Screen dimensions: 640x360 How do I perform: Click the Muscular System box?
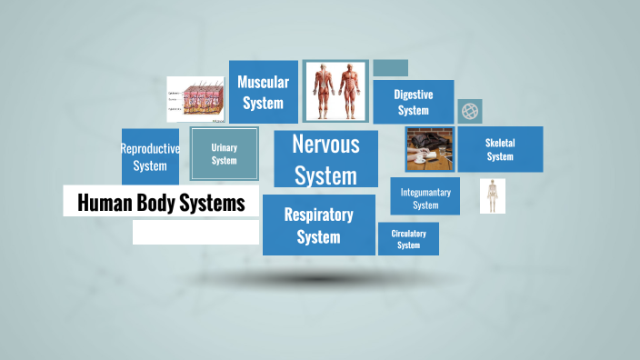263,92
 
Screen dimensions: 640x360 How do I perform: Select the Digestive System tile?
413,102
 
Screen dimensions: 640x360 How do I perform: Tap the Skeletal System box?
500,149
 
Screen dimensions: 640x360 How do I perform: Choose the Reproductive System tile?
150,156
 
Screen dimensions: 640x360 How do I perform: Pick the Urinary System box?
224,154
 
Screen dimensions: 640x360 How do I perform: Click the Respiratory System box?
318,225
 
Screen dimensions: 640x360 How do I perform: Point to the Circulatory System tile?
408,239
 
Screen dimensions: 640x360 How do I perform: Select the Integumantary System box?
425,197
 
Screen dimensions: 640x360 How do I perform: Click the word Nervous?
325,144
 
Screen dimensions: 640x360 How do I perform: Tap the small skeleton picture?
493,195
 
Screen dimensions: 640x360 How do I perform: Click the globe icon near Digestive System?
470,111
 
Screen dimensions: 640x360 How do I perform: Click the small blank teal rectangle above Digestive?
390,68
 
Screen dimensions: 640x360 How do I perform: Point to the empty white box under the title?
195,233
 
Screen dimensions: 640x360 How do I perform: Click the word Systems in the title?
215,204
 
